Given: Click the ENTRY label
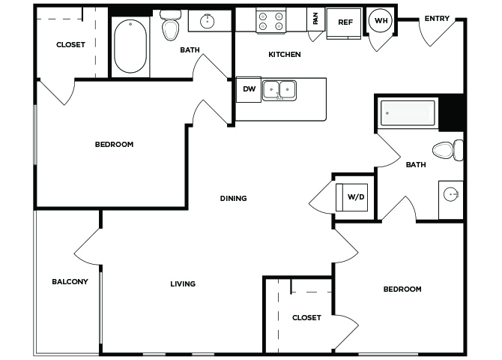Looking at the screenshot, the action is pos(437,19).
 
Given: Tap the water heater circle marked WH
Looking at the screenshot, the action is pos(381,20).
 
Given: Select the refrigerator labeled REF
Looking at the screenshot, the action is pos(344,23).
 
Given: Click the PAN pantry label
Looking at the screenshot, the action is pos(315,18).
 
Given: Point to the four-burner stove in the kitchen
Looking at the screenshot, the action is pos(270,21).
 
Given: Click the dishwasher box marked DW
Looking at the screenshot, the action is pos(249,89).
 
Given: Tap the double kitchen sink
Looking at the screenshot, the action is pos(279,91).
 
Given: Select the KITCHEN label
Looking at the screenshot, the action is pos(284,55).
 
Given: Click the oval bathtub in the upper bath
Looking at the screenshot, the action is pos(130,46).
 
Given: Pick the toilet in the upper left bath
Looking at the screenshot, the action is pos(170,25).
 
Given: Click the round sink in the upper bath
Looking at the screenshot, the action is pos(207,21).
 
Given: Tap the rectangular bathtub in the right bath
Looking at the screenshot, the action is pos(408,113).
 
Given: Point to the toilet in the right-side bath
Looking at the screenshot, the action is pos(447,150).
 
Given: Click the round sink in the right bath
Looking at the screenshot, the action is pos(451,194).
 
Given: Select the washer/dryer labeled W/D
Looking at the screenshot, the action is pos(351,197).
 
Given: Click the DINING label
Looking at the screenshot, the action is pos(233,199).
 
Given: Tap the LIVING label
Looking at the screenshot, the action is pos(183,283).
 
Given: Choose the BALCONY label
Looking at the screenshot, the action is pos(70,281).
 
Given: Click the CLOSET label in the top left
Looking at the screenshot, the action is pos(70,44).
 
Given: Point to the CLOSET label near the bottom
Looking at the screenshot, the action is pos(306,318).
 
